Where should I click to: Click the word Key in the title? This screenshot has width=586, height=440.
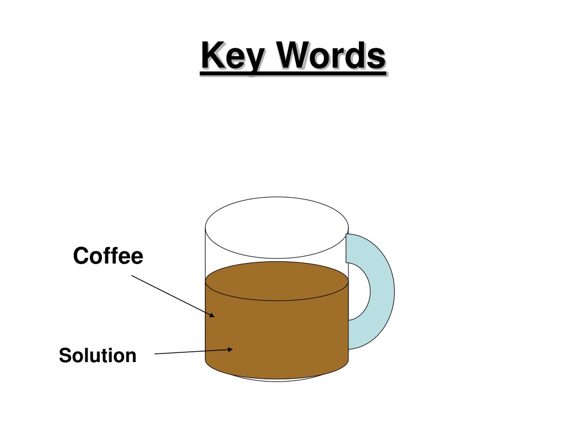click(x=233, y=56)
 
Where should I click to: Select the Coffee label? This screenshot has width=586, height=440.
click(x=108, y=256)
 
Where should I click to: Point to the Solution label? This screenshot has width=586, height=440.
click(x=97, y=355)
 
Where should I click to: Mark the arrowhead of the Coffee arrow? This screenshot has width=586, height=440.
click(x=212, y=315)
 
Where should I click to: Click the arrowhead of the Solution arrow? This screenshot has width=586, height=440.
click(x=230, y=349)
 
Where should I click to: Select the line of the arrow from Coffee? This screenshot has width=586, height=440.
click(x=173, y=296)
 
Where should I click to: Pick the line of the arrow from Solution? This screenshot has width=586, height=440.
click(x=193, y=351)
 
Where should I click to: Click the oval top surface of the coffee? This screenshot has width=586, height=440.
click(x=277, y=281)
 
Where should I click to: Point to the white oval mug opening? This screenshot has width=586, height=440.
click(x=277, y=227)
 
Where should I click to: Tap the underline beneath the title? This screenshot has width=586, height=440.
click(x=293, y=74)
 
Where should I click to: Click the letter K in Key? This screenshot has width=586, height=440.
click(x=214, y=55)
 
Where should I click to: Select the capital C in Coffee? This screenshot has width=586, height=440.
click(x=81, y=256)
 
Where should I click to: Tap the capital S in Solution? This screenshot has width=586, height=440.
click(x=66, y=355)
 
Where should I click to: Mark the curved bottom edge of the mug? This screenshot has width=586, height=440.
click(x=277, y=379)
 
